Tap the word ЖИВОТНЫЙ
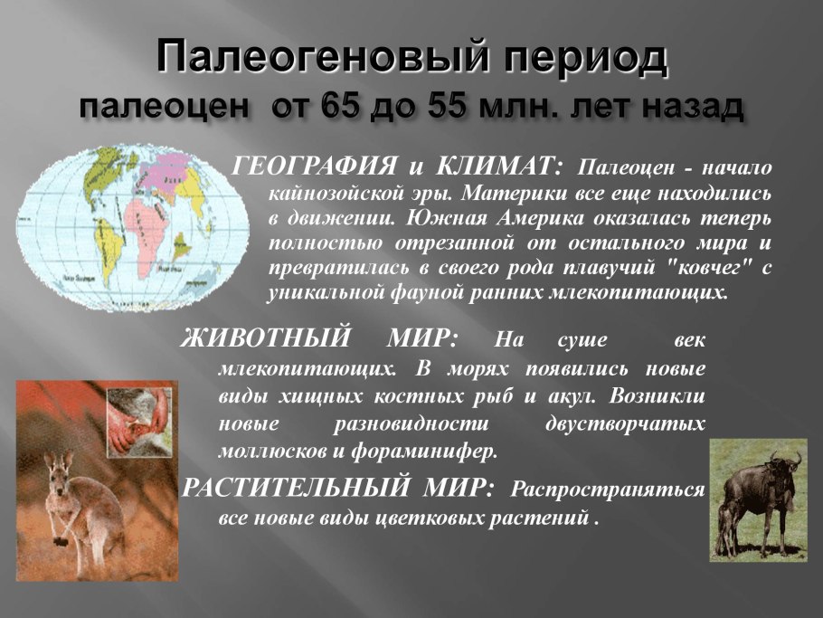coord(266,338)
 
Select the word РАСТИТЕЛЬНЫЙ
coord(295,488)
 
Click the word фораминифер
coord(423,451)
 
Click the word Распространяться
coord(608,490)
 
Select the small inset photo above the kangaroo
coord(139,423)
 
